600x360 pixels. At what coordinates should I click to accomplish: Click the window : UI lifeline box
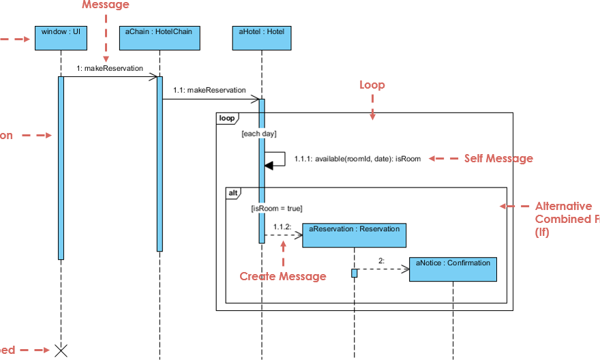[x=61, y=38]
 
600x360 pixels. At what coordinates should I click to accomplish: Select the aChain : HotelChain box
[x=160, y=38]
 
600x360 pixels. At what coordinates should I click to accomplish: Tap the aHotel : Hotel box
[x=261, y=38]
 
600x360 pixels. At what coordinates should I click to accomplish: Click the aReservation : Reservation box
[x=354, y=235]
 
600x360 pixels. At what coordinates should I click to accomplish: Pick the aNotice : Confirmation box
[x=453, y=269]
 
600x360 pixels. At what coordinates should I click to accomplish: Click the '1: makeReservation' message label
[x=110, y=68]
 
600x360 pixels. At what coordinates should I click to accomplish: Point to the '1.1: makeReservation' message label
[x=209, y=90]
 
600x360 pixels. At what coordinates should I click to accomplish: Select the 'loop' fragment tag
[x=226, y=119]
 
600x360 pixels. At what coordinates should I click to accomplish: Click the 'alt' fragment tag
[x=232, y=193]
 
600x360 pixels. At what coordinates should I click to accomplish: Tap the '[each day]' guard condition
[x=259, y=134]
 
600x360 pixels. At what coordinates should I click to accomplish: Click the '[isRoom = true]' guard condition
[x=276, y=208]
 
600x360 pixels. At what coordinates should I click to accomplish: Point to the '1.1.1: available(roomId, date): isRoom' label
[x=357, y=158]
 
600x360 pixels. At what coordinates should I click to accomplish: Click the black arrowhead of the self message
[x=269, y=164]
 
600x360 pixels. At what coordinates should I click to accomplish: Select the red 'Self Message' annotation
[x=498, y=158]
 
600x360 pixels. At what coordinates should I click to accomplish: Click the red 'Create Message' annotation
[x=282, y=276]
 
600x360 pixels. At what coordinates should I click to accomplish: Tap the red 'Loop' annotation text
[x=372, y=85]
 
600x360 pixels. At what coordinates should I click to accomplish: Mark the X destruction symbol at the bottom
[x=61, y=350]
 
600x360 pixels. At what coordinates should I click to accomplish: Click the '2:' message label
[x=381, y=260]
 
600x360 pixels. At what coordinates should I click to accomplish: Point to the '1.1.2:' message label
[x=282, y=226]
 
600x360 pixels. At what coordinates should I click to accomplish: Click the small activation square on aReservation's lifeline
[x=355, y=273]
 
